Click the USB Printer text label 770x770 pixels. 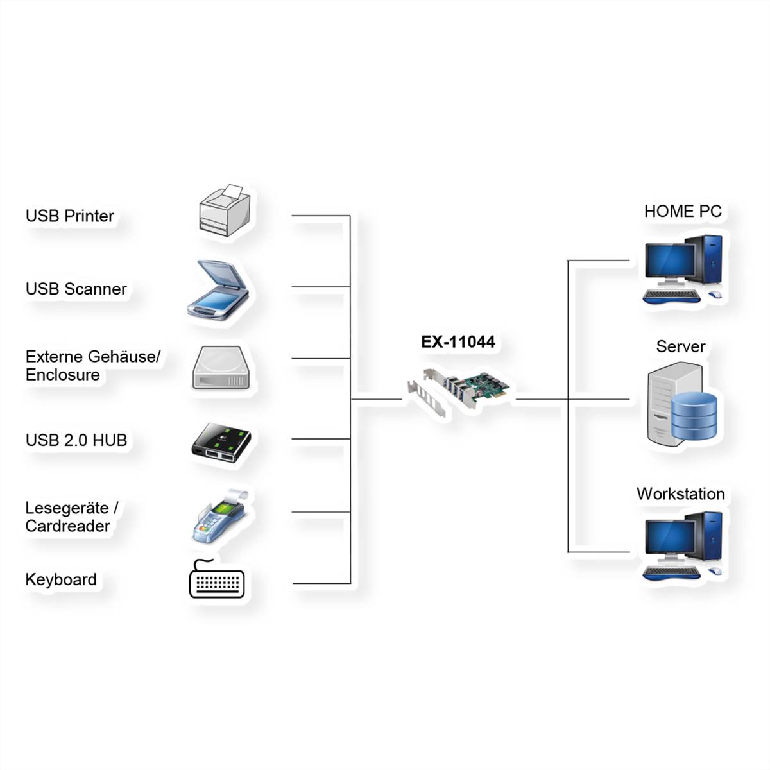[69, 216]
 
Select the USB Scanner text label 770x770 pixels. [76, 289]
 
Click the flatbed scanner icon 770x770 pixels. [219, 290]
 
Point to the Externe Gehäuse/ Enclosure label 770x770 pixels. [92, 365]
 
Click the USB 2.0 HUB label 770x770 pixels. [76, 440]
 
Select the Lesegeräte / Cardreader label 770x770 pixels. [71, 517]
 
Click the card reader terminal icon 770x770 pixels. [220, 517]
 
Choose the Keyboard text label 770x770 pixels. [61, 579]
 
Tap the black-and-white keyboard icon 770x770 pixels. [217, 581]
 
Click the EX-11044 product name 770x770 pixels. [458, 342]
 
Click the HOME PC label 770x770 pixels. [682, 211]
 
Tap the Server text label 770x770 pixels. [680, 346]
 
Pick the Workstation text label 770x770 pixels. [680, 493]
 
